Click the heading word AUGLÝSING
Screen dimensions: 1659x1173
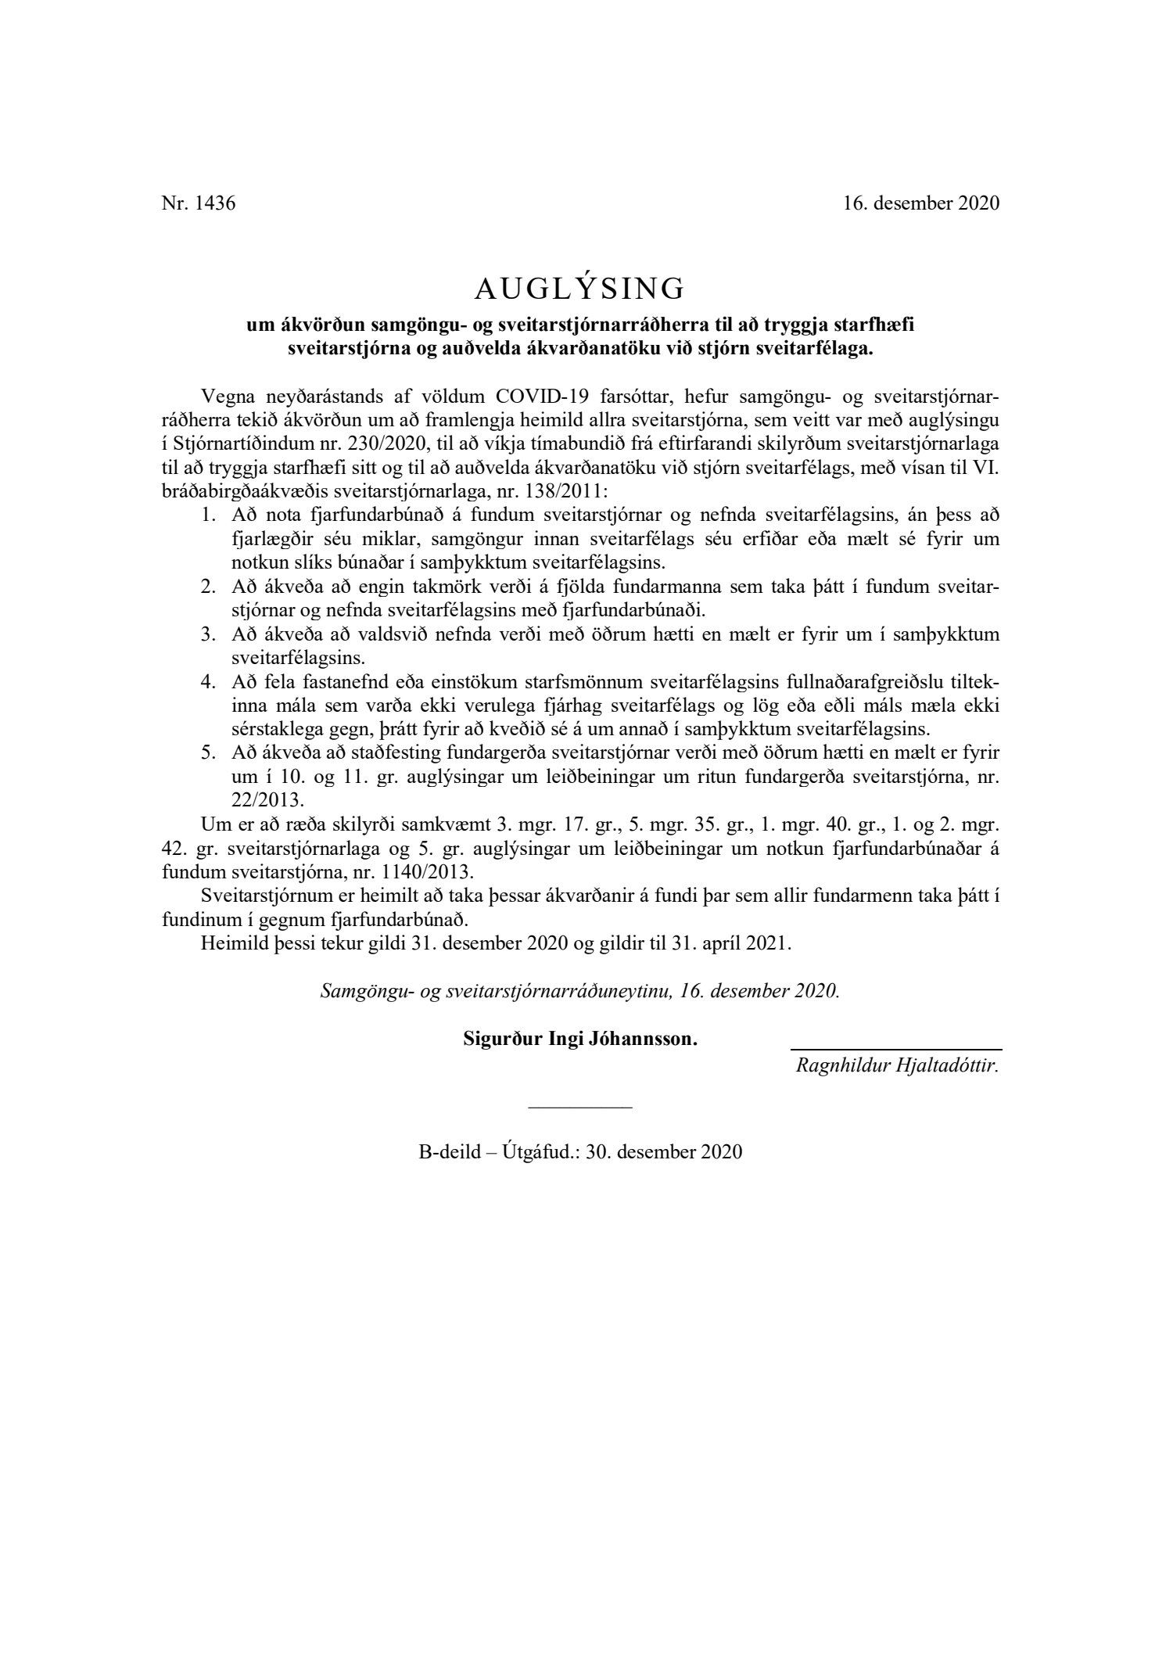(x=579, y=289)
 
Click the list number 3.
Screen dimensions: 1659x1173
(x=207, y=634)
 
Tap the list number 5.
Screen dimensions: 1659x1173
(x=207, y=752)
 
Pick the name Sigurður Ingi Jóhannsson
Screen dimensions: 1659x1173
(x=579, y=1040)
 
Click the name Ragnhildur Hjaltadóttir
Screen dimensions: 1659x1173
(x=897, y=1065)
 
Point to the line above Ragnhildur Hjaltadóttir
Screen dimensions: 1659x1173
(x=896, y=1050)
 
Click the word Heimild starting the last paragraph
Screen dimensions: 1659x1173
(x=230, y=943)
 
